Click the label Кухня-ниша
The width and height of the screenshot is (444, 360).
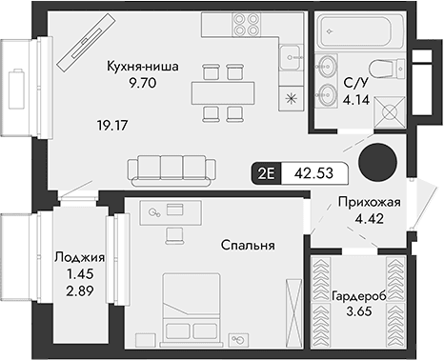tap(145, 67)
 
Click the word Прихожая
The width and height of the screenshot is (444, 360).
tap(367, 203)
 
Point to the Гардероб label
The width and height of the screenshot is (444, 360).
tap(359, 296)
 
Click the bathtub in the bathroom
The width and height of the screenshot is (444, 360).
tap(356, 32)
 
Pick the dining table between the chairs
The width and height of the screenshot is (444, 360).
tap(224, 93)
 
